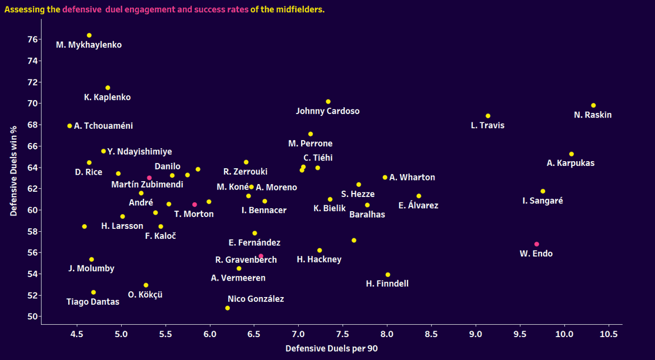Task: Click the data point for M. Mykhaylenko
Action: tap(89, 35)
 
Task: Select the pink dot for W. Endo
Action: tap(536, 244)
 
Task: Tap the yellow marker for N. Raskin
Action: tap(593, 106)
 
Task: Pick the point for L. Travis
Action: tap(488, 116)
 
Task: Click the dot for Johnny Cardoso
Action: tap(328, 102)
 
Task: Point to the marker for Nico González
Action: tap(228, 308)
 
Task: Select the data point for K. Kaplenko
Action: tap(108, 88)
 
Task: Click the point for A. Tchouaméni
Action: tap(69, 126)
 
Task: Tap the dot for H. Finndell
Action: tap(387, 275)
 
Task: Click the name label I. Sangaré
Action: tap(542, 201)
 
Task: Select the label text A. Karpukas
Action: tap(570, 164)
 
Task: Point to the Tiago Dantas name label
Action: tap(93, 302)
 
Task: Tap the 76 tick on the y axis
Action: tap(33, 39)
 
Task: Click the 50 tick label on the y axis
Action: tap(33, 316)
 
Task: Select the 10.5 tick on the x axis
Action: tap(609, 334)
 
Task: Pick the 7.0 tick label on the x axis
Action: tap(298, 334)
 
